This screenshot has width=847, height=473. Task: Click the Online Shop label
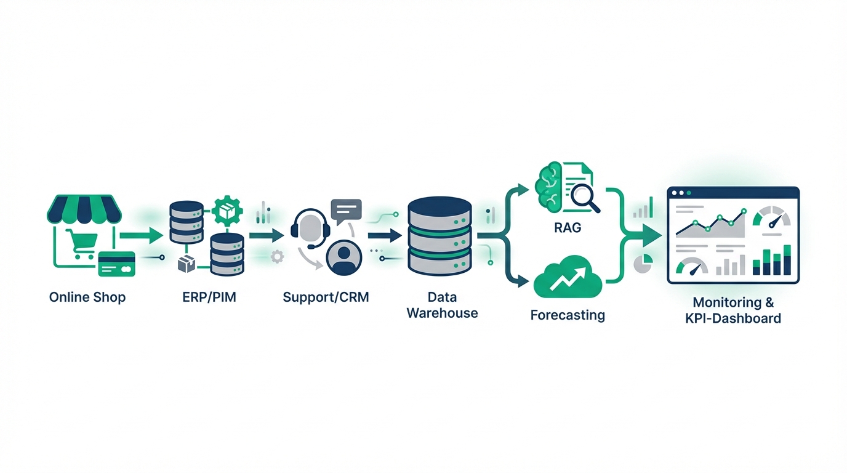click(x=87, y=297)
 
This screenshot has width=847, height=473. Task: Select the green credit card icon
click(x=116, y=264)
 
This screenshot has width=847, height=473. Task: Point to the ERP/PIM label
click(x=209, y=297)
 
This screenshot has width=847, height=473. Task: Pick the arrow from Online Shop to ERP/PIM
click(x=140, y=235)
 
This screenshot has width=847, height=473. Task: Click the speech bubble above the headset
click(x=346, y=211)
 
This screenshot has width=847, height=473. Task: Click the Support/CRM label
click(x=326, y=297)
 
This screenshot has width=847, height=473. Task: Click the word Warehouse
click(x=442, y=313)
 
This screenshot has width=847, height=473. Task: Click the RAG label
click(x=567, y=228)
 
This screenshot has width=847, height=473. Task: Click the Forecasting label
click(x=568, y=316)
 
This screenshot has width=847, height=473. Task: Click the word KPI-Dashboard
click(x=733, y=318)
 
